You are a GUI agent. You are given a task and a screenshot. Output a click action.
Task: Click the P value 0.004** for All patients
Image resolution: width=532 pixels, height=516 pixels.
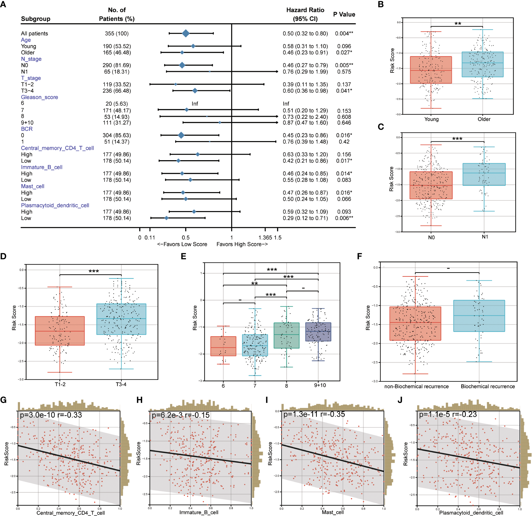pos(344,33)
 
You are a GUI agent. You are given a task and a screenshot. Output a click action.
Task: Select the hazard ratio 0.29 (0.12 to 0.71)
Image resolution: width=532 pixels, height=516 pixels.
pos(305,218)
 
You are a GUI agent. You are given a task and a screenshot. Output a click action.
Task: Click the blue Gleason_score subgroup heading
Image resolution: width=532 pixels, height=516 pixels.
pos(39,97)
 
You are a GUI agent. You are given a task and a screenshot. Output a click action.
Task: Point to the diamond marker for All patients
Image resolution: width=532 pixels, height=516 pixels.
pos(186,33)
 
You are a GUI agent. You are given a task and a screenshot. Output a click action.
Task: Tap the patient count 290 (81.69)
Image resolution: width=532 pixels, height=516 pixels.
pos(117,65)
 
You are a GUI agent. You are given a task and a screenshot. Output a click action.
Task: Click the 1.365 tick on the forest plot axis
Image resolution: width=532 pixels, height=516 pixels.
pos(265,237)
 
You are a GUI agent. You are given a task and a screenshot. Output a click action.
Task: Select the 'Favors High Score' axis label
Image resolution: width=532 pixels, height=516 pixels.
pos(242,244)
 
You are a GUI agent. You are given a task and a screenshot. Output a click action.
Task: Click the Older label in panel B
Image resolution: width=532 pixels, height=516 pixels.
pos(484,119)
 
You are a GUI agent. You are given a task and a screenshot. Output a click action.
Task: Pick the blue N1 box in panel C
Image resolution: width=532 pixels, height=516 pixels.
pos(484,174)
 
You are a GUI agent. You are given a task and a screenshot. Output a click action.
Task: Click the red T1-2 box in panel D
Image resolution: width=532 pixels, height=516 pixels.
pos(60,331)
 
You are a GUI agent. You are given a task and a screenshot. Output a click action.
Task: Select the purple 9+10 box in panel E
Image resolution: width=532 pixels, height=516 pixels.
pos(318,332)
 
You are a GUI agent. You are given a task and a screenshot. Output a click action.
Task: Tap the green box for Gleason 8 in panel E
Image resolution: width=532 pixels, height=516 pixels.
pos(286,335)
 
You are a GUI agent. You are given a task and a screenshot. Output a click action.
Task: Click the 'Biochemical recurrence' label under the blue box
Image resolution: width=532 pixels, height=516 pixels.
pos(488,387)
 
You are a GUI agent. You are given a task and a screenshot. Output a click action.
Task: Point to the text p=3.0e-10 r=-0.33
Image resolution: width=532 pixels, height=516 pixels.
pos(51,415)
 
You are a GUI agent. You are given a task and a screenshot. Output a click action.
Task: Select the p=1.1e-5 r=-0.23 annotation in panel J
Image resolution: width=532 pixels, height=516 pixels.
pos(448,415)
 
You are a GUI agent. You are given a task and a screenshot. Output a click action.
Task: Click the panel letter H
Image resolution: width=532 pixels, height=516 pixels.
pos(139,400)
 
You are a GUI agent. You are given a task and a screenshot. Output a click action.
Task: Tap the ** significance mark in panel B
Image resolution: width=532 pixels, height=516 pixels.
pos(458,24)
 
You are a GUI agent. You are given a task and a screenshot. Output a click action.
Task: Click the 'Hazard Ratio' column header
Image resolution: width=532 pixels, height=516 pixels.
pos(305,10)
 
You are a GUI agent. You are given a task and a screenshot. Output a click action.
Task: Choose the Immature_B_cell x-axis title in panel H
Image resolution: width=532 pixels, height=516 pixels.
pos(199,512)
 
